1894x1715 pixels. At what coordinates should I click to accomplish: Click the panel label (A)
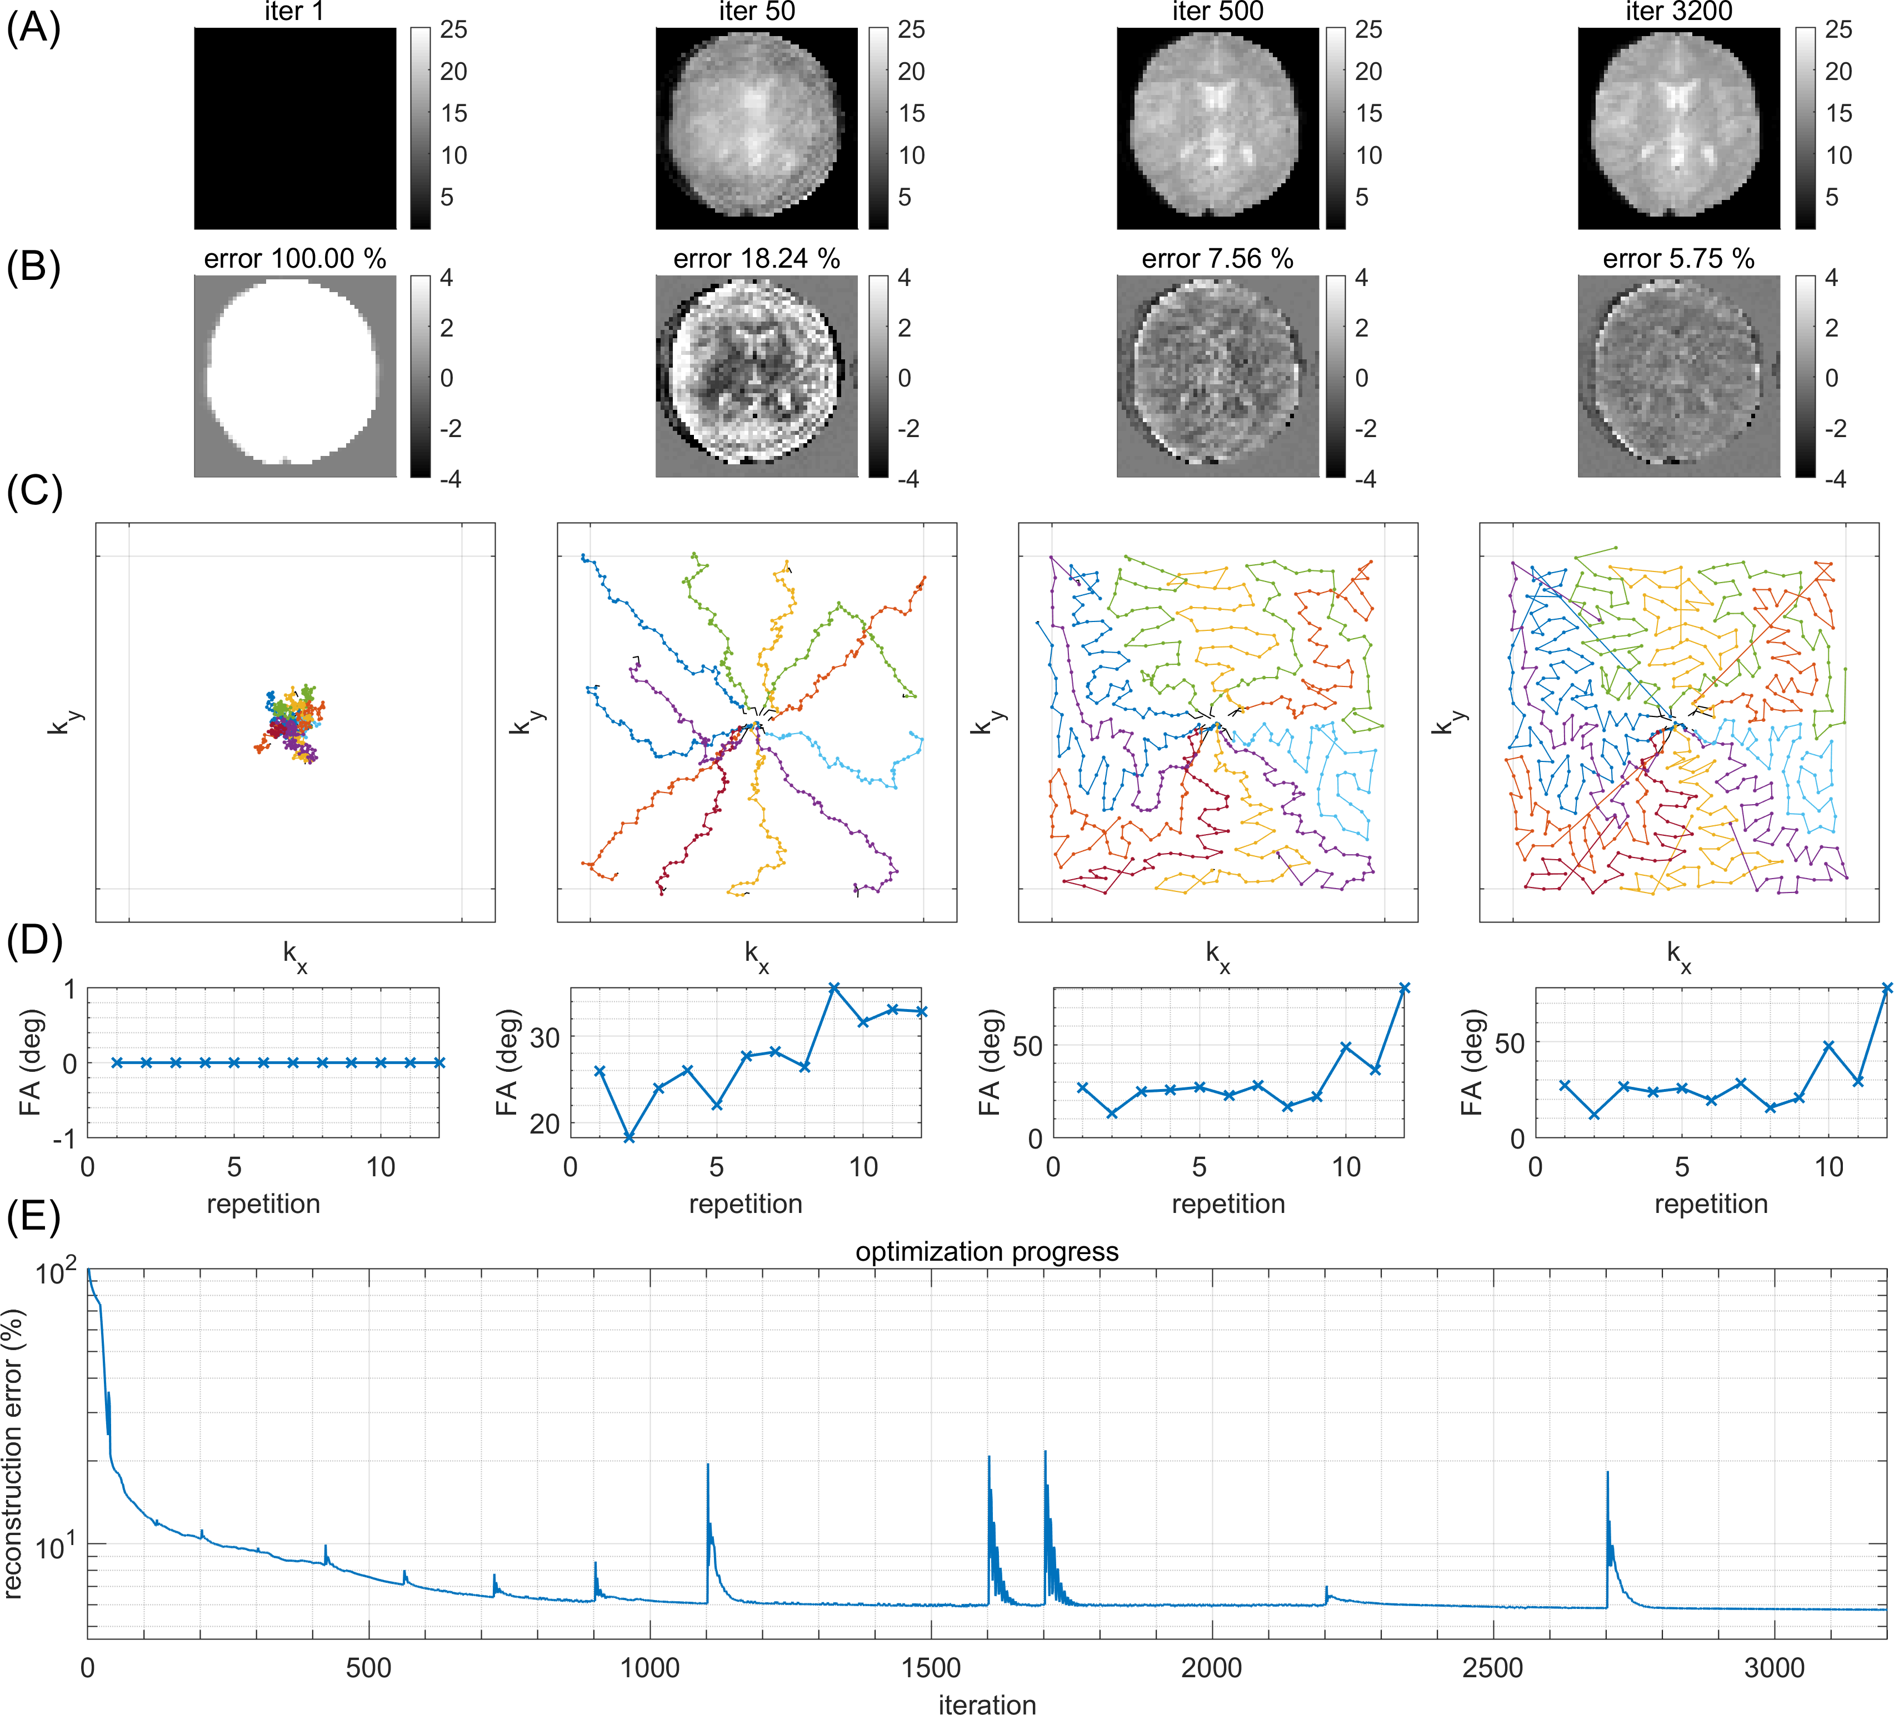tap(34, 28)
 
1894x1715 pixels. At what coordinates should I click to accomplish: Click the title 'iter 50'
tap(756, 12)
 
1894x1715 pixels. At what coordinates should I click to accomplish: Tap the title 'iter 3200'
tap(1678, 12)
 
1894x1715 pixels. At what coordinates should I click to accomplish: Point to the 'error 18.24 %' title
tap(756, 259)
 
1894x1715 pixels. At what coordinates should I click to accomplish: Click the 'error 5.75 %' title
tap(1678, 259)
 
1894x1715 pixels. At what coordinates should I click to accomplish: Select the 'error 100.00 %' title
tap(295, 259)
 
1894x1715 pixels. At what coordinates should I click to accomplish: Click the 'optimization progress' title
tap(987, 1252)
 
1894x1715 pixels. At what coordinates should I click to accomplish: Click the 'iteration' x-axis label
tap(987, 1701)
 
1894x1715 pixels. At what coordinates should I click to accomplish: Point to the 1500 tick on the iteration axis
tap(931, 1668)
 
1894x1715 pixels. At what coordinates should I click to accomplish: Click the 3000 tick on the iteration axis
tap(1774, 1668)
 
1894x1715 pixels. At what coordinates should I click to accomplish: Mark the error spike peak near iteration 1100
tap(707, 1464)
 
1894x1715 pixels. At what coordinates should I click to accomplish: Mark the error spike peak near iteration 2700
tap(1607, 1472)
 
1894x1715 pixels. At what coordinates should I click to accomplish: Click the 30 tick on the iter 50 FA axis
tap(545, 1038)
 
